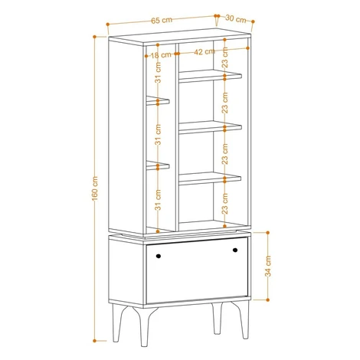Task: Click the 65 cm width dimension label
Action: (162, 20)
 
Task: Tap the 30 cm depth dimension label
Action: (236, 19)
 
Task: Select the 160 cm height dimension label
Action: (95, 188)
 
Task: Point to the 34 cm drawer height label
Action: (268, 266)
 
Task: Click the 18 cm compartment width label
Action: (161, 55)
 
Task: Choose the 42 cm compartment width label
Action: (205, 52)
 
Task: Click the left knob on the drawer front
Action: (159, 256)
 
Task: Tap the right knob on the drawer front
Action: (235, 250)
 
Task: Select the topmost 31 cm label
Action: (159, 72)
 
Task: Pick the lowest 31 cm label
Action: (159, 200)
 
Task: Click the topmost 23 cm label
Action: (225, 57)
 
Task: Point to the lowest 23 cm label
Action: (225, 204)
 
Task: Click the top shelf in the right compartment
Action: (210, 76)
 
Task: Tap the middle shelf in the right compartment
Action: (210, 127)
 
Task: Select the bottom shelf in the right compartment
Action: (210, 178)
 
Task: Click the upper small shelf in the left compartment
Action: (158, 100)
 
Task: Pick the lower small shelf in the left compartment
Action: (158, 165)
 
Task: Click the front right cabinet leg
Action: (241, 320)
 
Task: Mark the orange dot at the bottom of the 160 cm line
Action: (94, 341)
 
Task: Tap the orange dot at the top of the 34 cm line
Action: (268, 233)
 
